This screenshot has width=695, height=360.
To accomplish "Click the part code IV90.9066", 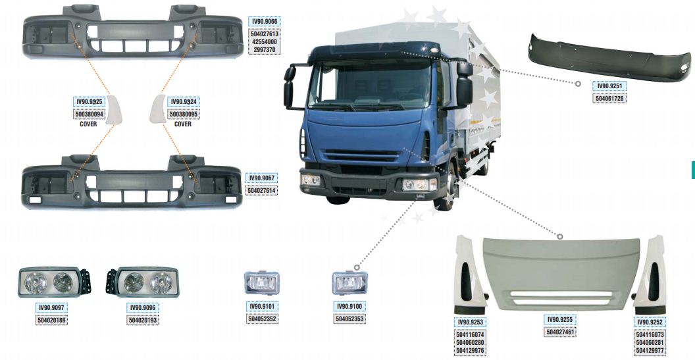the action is coord(265,21).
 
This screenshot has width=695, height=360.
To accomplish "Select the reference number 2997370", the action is coord(265,49).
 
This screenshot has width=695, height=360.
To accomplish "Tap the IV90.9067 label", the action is coord(262,178).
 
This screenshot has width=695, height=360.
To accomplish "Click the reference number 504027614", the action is coord(262,191).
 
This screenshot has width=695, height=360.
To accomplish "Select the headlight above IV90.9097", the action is coord(54,282).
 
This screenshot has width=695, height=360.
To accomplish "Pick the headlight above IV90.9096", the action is coord(142,282).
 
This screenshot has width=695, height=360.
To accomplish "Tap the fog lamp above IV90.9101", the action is coord(261,282).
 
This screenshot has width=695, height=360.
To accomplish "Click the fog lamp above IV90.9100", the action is coord(349,282).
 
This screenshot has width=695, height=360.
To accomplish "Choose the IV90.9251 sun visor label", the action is coord(609,86).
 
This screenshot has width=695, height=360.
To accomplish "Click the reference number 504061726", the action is coord(609,99).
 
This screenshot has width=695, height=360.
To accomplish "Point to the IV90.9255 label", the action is coord(560,320).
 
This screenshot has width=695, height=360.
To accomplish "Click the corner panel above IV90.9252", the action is coord(650,275).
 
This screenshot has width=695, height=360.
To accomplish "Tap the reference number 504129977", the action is coord(650,351).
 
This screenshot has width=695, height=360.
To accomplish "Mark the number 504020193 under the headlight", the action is coord(143,320).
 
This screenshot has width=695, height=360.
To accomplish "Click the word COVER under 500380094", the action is coord(88,124).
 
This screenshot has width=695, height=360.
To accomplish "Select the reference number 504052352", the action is coord(262,319).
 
